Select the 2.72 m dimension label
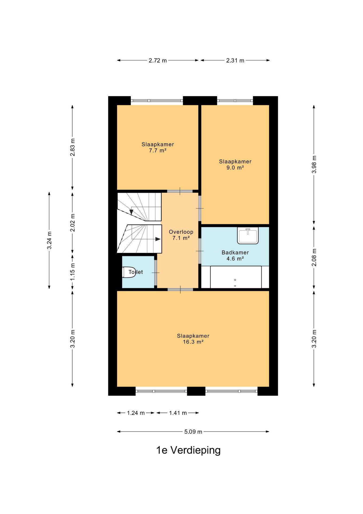click(158, 61)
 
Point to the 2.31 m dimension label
click(235, 61)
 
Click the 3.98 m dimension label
click(314, 164)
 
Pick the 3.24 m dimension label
click(49, 240)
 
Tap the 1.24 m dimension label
click(136, 413)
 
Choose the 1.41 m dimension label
click(178, 413)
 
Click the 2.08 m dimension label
click(314, 257)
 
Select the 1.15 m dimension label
click(72, 271)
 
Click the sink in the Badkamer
click(248, 235)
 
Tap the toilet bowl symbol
click(129, 272)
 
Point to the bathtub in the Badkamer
click(236, 277)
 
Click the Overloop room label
click(181, 232)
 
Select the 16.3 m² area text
click(193, 342)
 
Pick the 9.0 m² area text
click(235, 168)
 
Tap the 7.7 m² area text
click(158, 150)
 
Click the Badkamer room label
click(235, 252)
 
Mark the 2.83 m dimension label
click(72, 147)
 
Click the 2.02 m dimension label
click(72, 223)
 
